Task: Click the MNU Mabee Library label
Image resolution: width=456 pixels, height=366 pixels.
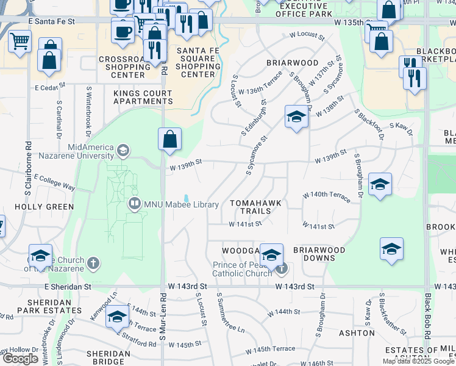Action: point(180,204)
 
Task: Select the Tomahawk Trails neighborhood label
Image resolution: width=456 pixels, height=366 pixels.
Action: point(250,207)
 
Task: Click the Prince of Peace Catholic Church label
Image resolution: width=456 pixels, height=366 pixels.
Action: point(242,269)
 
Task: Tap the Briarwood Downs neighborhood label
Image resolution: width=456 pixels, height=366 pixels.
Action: point(319,254)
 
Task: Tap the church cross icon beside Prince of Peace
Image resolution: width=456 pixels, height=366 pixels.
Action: point(281,268)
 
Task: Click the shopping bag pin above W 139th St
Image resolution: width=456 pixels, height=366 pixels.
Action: point(170,138)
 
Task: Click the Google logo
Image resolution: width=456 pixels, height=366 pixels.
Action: point(21,359)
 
